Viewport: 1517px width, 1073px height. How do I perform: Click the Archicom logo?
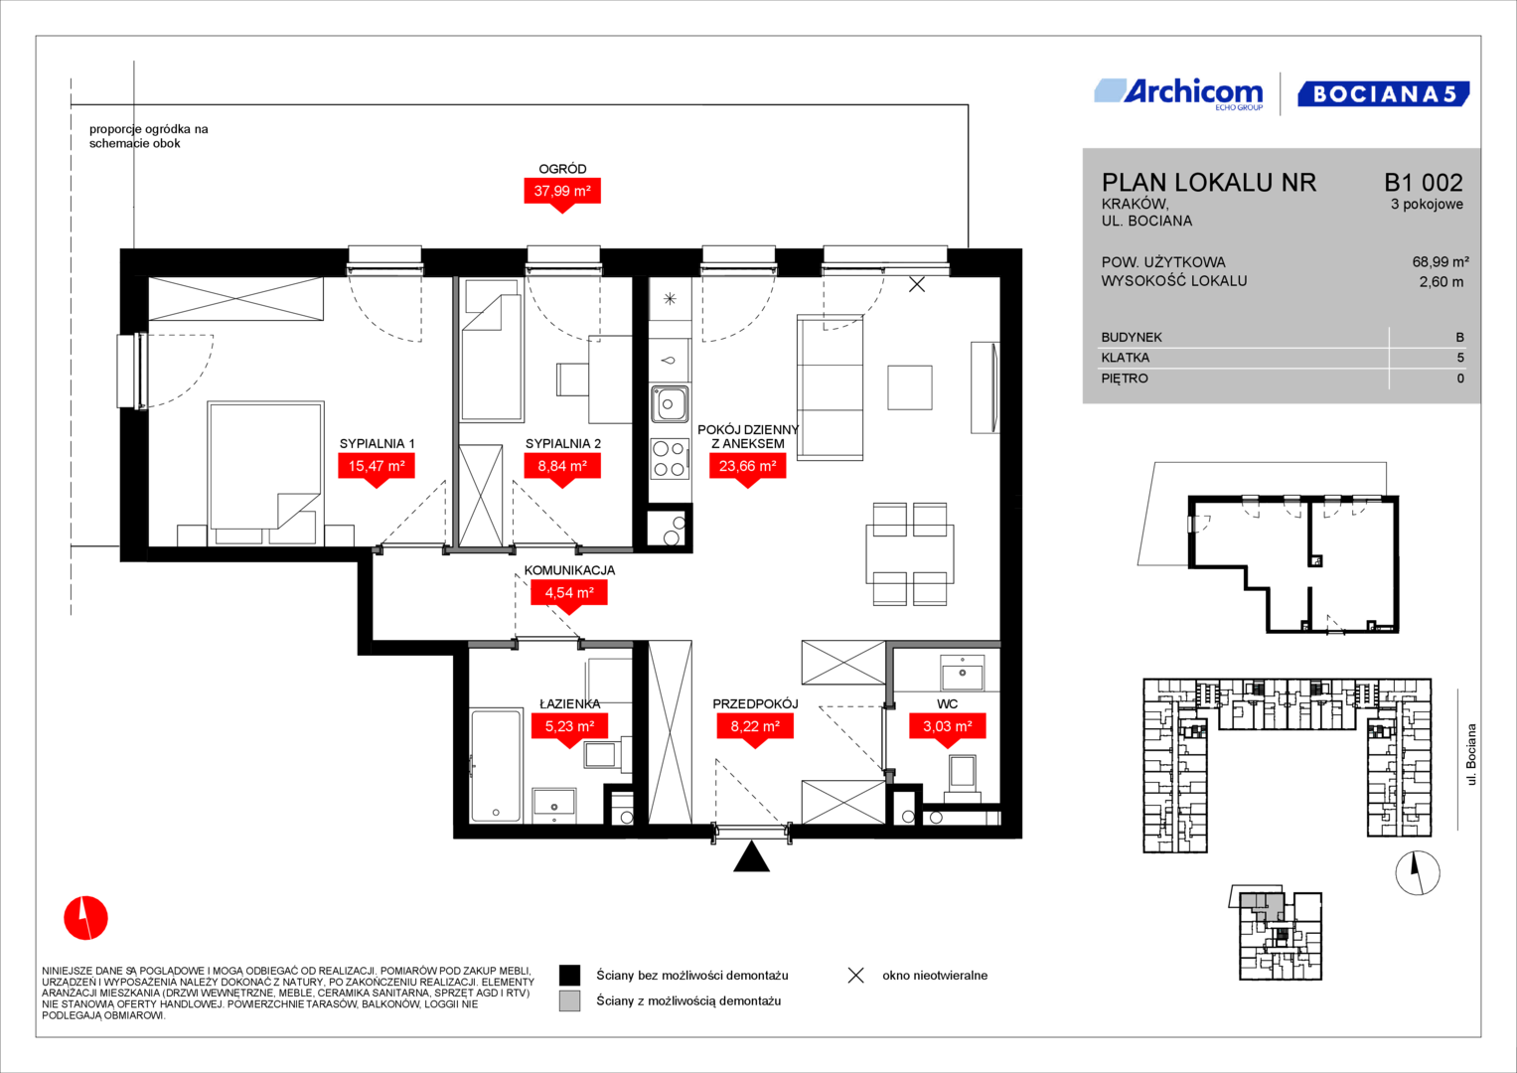1178,94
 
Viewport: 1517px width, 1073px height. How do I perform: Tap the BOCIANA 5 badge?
1384,94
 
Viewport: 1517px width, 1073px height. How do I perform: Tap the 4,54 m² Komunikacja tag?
569,595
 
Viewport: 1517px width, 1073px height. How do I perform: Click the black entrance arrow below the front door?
752,856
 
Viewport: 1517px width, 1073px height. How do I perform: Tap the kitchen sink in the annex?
670,403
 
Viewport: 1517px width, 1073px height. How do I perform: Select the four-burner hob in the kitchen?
670,459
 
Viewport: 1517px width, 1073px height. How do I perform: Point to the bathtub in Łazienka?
497,765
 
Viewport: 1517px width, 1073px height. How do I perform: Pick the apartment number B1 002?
1424,182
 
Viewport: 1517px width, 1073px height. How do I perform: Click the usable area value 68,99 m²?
1441,262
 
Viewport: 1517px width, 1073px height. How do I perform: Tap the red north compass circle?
86,918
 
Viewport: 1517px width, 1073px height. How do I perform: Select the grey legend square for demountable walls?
569,1001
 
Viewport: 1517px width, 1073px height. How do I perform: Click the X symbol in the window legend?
856,976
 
